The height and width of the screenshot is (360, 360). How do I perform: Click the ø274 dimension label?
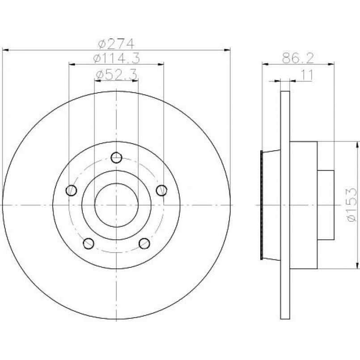tap(116, 44)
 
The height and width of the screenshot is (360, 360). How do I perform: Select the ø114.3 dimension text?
tap(116, 58)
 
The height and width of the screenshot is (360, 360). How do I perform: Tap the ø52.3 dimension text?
tap(116, 74)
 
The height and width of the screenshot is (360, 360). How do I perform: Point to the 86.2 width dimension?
tap(297, 58)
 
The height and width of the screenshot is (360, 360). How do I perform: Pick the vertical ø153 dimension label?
tap(352, 205)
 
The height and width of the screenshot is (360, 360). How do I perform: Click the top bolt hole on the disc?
tap(116, 157)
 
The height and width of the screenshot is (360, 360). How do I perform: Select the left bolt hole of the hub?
tap(71, 191)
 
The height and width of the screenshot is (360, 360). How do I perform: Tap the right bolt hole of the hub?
tap(161, 191)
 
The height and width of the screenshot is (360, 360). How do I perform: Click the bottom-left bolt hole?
tap(89, 243)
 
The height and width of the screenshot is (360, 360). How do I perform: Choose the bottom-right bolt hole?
tap(144, 243)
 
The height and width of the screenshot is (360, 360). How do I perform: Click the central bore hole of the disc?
tap(116, 205)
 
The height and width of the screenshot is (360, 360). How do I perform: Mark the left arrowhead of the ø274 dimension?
tap(5, 50)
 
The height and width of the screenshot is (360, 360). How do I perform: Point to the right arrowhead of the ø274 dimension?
tap(227, 50)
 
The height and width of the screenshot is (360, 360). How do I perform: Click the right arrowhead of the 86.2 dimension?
tap(331, 64)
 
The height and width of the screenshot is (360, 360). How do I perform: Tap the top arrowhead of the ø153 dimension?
tap(357, 145)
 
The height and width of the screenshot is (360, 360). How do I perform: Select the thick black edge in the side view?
tap(262, 205)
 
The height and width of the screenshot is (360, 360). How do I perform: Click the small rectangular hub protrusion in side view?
tap(326, 205)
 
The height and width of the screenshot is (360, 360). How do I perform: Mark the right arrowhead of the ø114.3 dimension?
tap(161, 64)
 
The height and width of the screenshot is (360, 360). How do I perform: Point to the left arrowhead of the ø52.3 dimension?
tap(98, 80)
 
